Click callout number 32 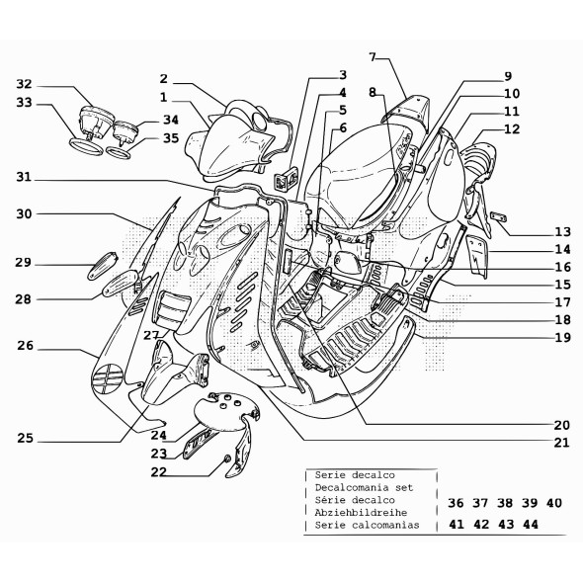(x=25, y=84)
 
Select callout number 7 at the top (x=373, y=56)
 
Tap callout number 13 (x=561, y=231)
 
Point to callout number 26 (x=26, y=346)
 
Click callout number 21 (x=561, y=442)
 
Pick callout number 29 (x=24, y=263)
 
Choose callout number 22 (x=158, y=472)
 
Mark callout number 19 (x=561, y=337)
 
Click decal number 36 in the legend (x=457, y=503)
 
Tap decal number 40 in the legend (x=553, y=503)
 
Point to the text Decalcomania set (x=363, y=487)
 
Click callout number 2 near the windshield (x=164, y=79)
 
